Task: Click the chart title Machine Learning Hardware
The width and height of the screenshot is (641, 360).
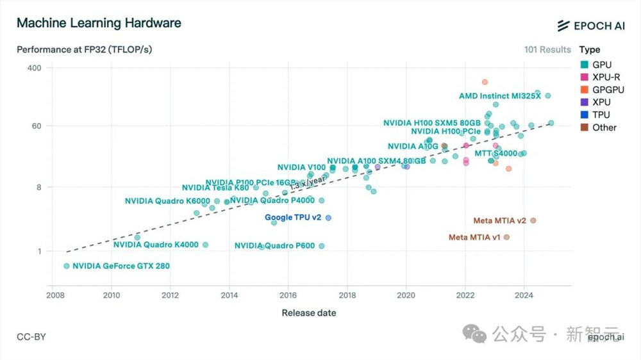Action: tap(99, 23)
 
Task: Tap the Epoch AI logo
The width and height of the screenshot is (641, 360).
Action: tap(590, 25)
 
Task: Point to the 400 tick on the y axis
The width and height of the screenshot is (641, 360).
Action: tap(33, 68)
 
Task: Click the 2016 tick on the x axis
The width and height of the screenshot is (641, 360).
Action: tap(288, 295)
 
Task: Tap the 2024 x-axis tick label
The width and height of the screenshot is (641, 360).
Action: tap(524, 295)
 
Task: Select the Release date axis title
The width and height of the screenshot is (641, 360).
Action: tap(309, 313)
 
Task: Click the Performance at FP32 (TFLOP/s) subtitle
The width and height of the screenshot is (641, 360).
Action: tap(84, 49)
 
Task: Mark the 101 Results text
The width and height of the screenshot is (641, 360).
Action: tap(547, 49)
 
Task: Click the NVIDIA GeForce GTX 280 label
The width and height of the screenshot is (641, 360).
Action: tap(121, 266)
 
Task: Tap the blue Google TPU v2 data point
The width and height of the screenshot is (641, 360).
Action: tap(328, 218)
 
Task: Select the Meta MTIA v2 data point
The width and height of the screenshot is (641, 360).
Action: tap(533, 220)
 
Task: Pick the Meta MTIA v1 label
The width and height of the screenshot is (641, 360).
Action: tap(474, 238)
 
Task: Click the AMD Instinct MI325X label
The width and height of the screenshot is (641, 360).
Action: tap(500, 96)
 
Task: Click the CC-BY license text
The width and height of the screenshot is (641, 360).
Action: tap(31, 337)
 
